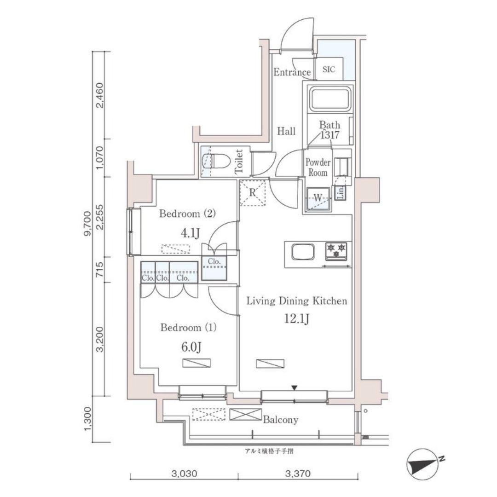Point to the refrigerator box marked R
pos(252,193)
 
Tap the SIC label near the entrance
pos(329,69)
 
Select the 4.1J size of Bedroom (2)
pos(190,234)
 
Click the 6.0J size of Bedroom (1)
pos(191,347)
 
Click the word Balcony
pos(281,420)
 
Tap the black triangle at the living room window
pos(295,387)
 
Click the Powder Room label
pos(318,168)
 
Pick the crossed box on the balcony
pos(245,414)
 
